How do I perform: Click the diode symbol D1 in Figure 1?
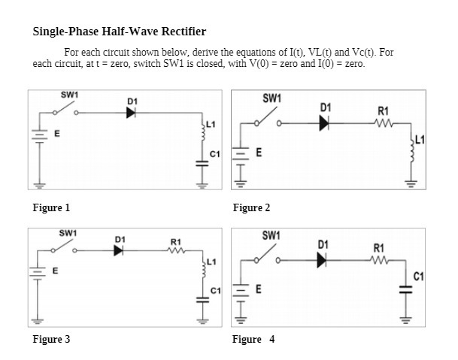click(131, 113)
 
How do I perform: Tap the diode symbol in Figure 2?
click(325, 123)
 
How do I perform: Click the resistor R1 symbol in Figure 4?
click(379, 261)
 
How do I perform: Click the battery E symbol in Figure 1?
click(36, 137)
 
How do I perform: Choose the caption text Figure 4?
click(253, 340)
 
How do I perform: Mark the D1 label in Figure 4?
click(323, 244)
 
